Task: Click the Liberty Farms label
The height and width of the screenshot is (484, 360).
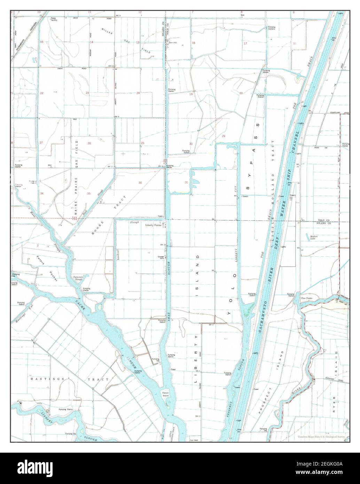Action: tap(153, 225)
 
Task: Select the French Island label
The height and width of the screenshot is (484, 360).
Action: tap(165, 395)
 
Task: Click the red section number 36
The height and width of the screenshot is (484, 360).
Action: tap(140, 183)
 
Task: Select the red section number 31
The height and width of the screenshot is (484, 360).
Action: tap(187, 182)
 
